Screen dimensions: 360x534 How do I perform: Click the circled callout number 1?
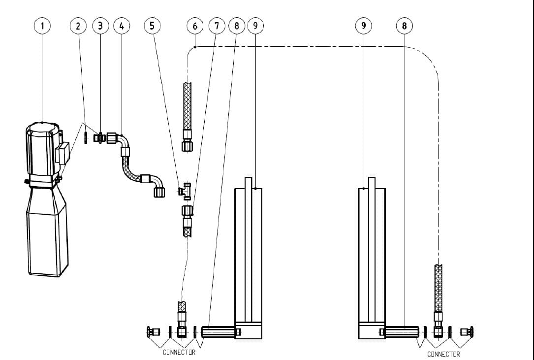click(43, 26)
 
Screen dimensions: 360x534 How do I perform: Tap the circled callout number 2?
click(78, 26)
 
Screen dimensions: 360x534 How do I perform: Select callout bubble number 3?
click(101, 26)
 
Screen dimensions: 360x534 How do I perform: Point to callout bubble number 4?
click(122, 26)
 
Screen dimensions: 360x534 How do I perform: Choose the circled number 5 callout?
click(152, 26)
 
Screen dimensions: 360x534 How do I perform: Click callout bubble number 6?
click(195, 26)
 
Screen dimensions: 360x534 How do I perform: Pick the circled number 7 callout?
click(217, 26)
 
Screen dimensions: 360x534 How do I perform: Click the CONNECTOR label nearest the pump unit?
click(179, 352)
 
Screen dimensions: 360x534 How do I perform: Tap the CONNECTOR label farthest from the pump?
click(443, 354)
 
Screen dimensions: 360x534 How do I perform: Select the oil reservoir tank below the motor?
click(47, 231)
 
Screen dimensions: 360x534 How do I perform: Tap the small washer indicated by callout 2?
click(86, 138)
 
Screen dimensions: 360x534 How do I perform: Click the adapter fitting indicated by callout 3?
click(100, 138)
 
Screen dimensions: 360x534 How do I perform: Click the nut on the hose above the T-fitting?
click(187, 146)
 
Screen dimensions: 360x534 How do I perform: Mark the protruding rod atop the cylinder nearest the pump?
click(249, 182)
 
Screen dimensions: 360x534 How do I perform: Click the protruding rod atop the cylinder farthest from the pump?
click(372, 182)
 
